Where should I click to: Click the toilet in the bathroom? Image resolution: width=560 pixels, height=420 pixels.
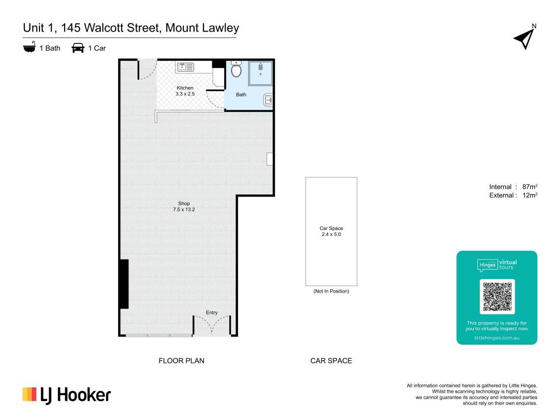[236, 69]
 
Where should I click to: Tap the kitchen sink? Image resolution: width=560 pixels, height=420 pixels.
[185, 67]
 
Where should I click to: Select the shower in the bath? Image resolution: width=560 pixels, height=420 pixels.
[260, 73]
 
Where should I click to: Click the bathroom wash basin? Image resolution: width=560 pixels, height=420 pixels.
[268, 100]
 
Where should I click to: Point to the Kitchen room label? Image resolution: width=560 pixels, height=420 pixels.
[185, 88]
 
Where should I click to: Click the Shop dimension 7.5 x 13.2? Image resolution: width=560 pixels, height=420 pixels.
[184, 210]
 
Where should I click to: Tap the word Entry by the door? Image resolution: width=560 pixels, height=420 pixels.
[212, 313]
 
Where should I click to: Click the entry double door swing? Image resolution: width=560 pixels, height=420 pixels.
[212, 325]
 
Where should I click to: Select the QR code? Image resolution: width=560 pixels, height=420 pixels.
[497, 297]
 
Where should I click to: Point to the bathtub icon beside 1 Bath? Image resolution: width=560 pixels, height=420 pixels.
[29, 48]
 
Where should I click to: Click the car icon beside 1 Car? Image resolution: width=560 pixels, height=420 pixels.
[78, 48]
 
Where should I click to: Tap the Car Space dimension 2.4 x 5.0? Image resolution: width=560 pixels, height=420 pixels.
[331, 234]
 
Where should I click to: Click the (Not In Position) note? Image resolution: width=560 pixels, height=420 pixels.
[331, 291]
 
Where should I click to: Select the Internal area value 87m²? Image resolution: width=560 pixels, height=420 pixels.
[530, 187]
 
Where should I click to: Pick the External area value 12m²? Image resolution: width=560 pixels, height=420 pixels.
[530, 195]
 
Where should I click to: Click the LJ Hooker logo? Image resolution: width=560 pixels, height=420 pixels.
[67, 395]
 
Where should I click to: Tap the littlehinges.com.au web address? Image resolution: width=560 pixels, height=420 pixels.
[497, 337]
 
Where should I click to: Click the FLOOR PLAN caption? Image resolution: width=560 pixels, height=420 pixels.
[181, 361]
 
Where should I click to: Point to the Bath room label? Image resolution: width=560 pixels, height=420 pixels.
[241, 95]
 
